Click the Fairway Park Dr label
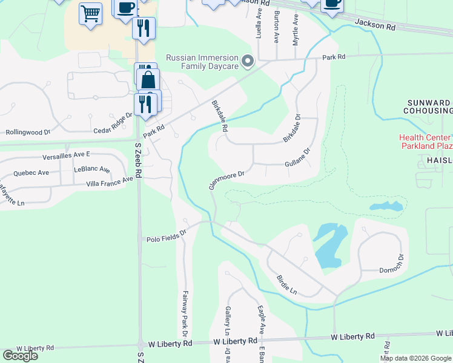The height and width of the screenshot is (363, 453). (x=184, y=315)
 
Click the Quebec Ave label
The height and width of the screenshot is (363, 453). (x=31, y=172)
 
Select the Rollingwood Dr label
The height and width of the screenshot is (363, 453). (x=27, y=131)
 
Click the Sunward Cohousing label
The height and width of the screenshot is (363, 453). (x=428, y=106)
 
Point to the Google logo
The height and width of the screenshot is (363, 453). (x=20, y=355)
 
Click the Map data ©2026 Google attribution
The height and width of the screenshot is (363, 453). (x=415, y=358)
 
